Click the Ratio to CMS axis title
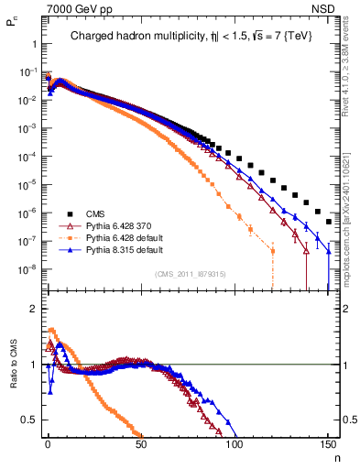[11, 365]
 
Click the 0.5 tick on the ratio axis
[29, 420]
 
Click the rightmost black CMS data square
[328, 223]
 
